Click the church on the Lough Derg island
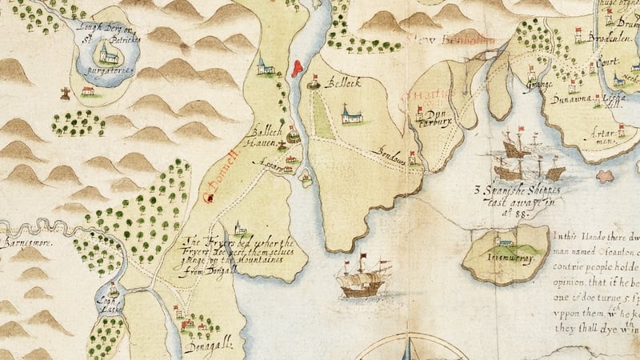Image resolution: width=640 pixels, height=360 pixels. pyautogui.click(x=106, y=54)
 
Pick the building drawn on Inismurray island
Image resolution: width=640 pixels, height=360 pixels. pyautogui.click(x=502, y=240)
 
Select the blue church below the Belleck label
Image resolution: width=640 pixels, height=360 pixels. pyautogui.click(x=349, y=115)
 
